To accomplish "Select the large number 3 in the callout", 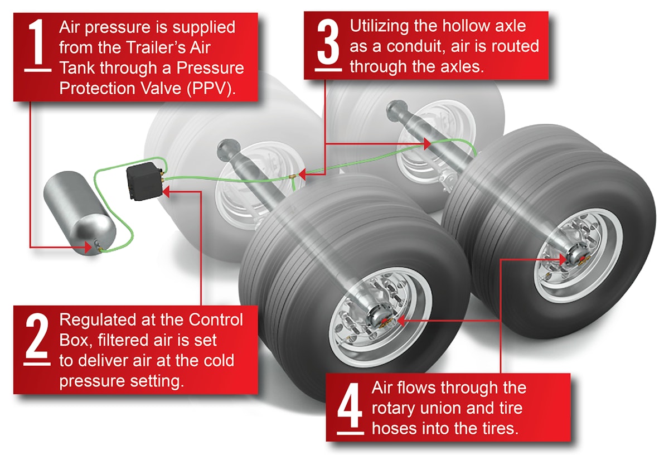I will pyautogui.click(x=328, y=42).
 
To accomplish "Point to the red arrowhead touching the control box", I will pyautogui.click(x=167, y=191).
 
